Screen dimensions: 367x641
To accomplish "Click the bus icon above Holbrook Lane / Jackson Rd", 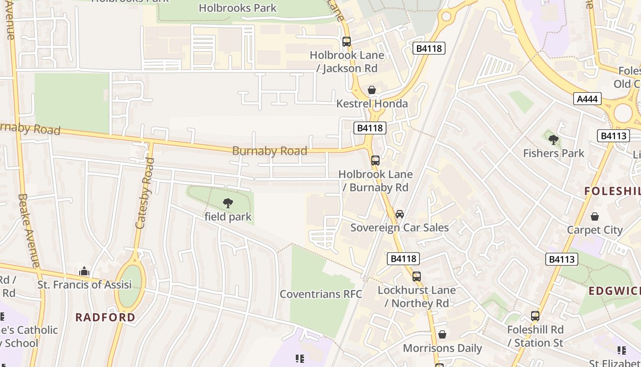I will point(347,42).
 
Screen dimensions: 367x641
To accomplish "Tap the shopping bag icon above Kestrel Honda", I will point(372,90).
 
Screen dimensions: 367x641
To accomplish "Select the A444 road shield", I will point(587,99).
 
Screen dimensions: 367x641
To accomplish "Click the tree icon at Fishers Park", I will point(553,140).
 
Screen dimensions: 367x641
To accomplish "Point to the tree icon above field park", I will point(228,203).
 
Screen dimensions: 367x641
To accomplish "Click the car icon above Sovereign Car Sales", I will point(399,214).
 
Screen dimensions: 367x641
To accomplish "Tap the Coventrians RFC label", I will point(320,294).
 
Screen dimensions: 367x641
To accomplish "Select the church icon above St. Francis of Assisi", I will point(84,271).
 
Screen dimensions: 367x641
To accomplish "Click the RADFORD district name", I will point(105,317).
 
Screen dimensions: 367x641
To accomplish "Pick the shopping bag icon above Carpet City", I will point(594,216).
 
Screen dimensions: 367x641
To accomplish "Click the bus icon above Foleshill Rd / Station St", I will point(535,316).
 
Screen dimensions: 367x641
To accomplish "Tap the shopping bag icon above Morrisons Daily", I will point(442,334).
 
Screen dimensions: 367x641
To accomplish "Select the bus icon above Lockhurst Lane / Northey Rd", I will point(416,277).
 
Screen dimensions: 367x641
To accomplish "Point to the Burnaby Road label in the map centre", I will point(269,151).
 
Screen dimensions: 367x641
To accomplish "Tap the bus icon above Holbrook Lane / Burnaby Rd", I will point(375,161).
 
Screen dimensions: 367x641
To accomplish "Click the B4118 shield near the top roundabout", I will point(429,48).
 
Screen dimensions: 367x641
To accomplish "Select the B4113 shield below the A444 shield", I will point(613,136).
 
